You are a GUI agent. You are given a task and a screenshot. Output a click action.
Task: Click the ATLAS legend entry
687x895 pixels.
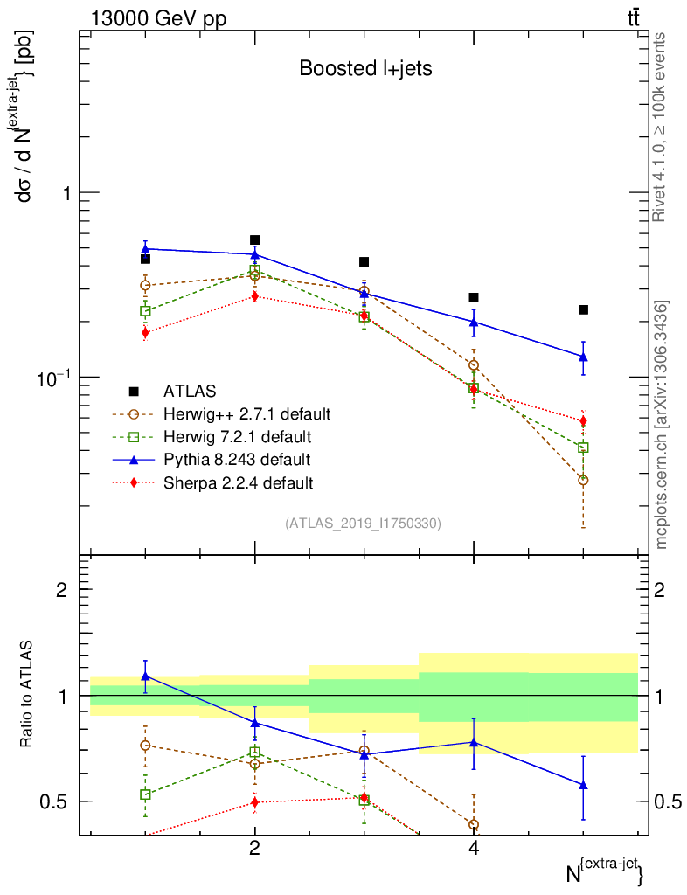[x=190, y=391]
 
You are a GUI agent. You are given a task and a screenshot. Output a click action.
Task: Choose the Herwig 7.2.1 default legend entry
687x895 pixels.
[x=237, y=436]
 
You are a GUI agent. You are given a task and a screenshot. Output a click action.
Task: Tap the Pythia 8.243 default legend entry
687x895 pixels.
[x=236, y=459]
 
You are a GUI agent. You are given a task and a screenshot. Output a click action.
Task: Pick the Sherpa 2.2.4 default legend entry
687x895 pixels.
[x=238, y=482]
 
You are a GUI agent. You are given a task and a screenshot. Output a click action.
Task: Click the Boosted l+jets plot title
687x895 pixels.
[x=365, y=69]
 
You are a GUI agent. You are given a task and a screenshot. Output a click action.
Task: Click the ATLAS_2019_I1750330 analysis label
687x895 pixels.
[x=363, y=524]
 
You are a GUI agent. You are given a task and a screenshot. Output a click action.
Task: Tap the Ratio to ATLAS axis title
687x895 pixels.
[x=28, y=695]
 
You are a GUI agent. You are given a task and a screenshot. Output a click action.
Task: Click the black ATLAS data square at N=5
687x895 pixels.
[x=583, y=309]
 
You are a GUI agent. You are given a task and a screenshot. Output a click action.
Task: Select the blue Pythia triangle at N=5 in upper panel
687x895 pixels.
[x=583, y=357]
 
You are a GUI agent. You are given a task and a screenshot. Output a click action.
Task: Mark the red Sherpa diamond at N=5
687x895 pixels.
[x=583, y=420]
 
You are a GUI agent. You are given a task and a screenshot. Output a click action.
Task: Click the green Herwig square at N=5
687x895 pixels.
[x=583, y=447]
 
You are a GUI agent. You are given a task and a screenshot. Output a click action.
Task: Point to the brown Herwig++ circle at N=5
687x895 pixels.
[x=583, y=480]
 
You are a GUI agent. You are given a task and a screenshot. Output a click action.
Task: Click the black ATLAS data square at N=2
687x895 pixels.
[x=254, y=239]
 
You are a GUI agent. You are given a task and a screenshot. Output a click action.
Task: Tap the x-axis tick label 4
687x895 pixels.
[x=474, y=849]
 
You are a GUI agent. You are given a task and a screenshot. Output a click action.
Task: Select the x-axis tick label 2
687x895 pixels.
[x=254, y=849]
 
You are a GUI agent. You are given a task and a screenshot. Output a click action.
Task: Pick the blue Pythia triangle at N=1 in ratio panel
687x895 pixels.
[x=145, y=676]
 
